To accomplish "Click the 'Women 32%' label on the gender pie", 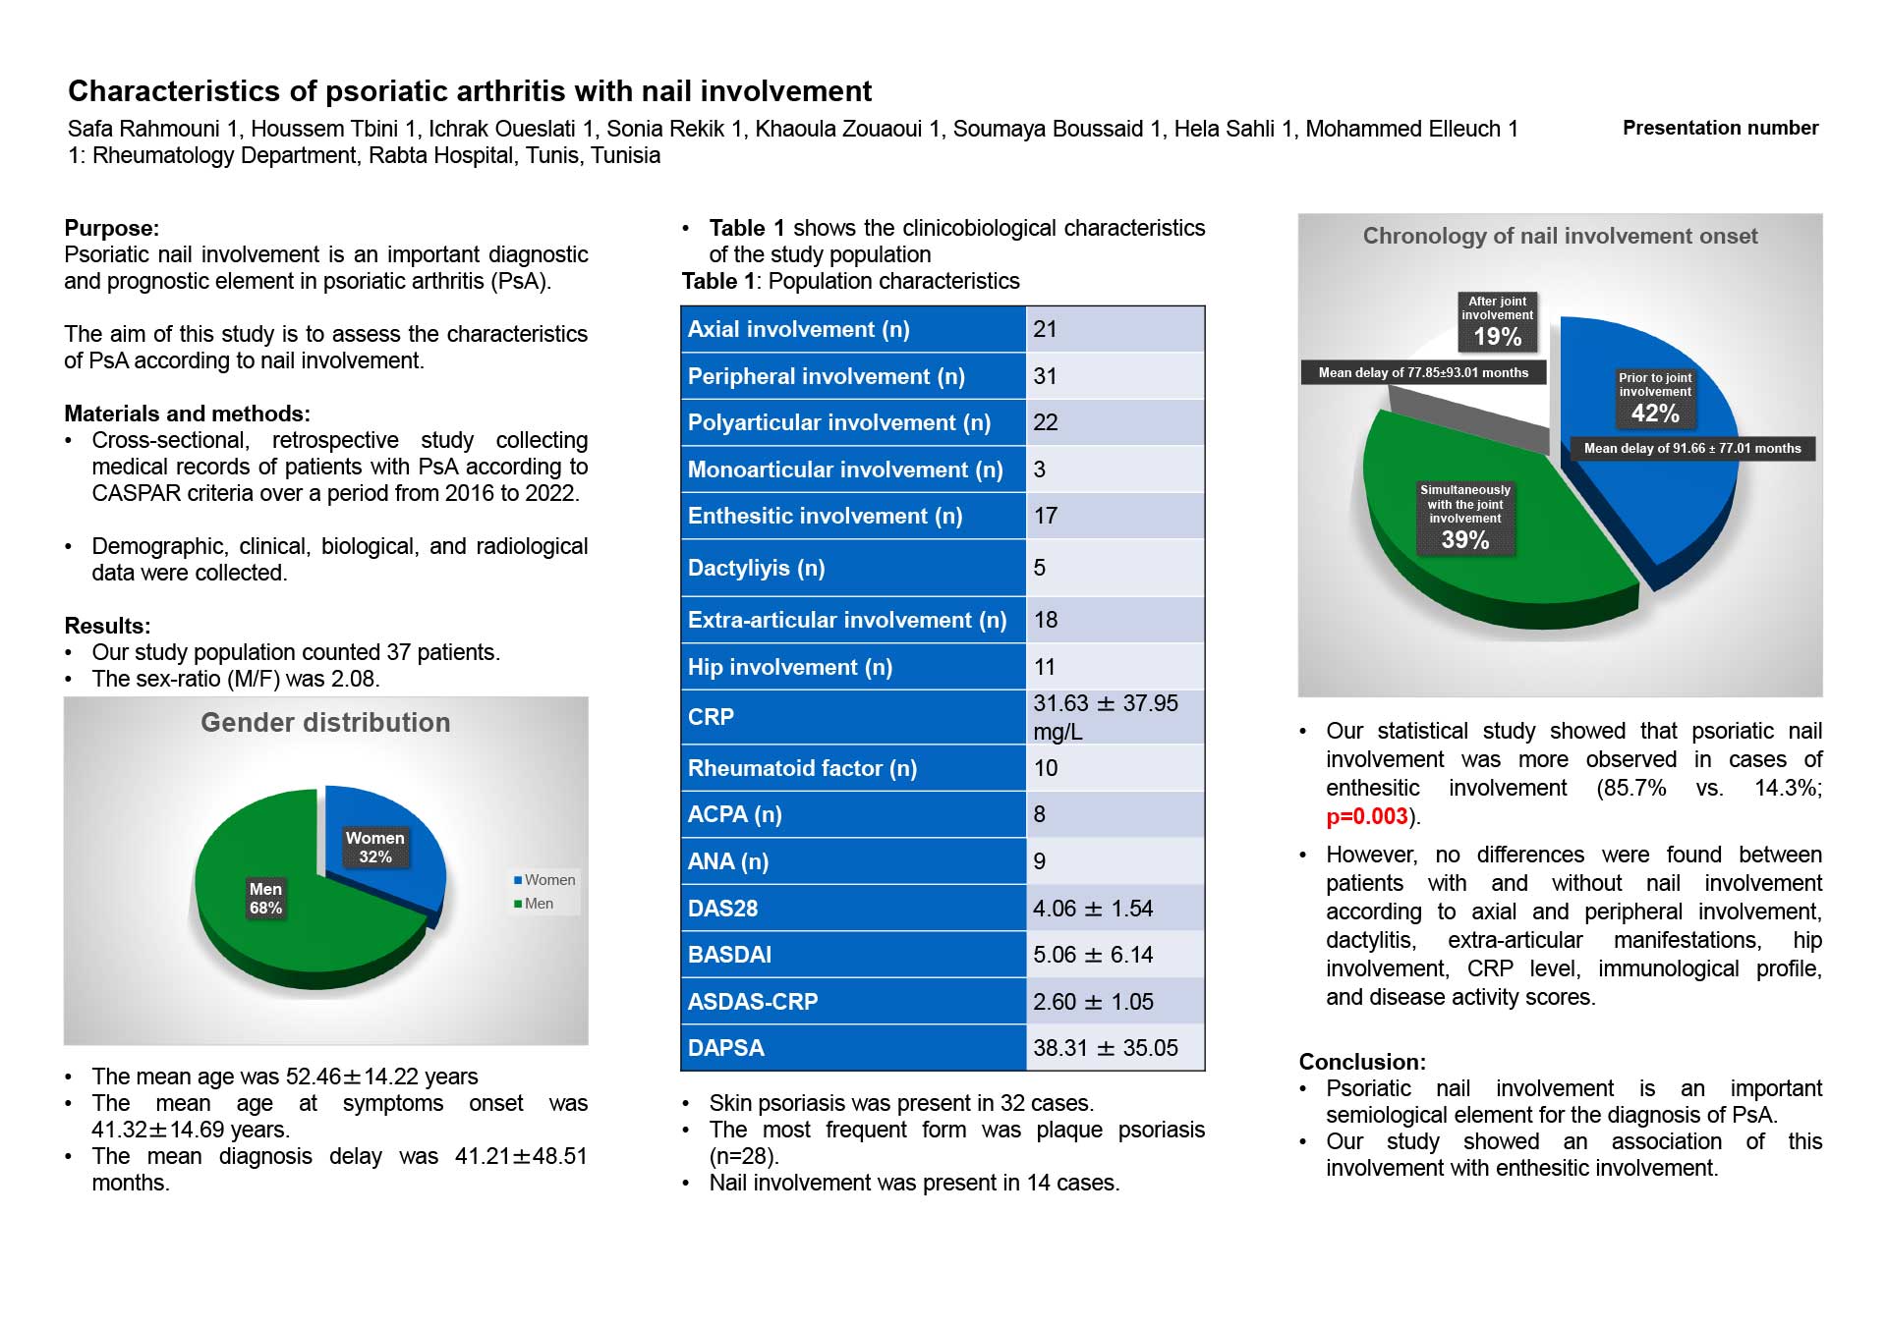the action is click(x=375, y=847).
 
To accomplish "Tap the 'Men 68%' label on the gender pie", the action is click(x=265, y=898).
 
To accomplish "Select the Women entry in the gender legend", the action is click(x=544, y=880).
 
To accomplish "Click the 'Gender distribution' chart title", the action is click(x=325, y=723).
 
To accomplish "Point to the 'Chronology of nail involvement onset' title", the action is click(x=1560, y=236).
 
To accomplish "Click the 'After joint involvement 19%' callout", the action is click(x=1497, y=322).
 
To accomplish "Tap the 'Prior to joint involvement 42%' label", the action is click(x=1655, y=399).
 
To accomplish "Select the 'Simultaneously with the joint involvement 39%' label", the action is click(x=1465, y=518).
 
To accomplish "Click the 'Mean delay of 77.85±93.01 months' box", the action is click(x=1423, y=372).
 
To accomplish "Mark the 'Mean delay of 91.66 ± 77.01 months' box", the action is click(x=1692, y=448).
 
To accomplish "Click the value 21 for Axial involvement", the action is click(x=1045, y=329).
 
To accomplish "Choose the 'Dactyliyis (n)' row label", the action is click(x=756, y=568).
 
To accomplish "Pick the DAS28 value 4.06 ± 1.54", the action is click(x=1093, y=909).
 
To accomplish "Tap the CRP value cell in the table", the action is click(x=1115, y=717).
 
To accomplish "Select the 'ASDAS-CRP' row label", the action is click(x=753, y=1002).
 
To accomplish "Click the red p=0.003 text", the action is click(x=1367, y=816).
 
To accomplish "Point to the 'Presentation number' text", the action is click(x=1720, y=128).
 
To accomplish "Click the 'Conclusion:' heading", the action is click(x=1362, y=1062).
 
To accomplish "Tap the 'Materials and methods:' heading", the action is click(x=187, y=414).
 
